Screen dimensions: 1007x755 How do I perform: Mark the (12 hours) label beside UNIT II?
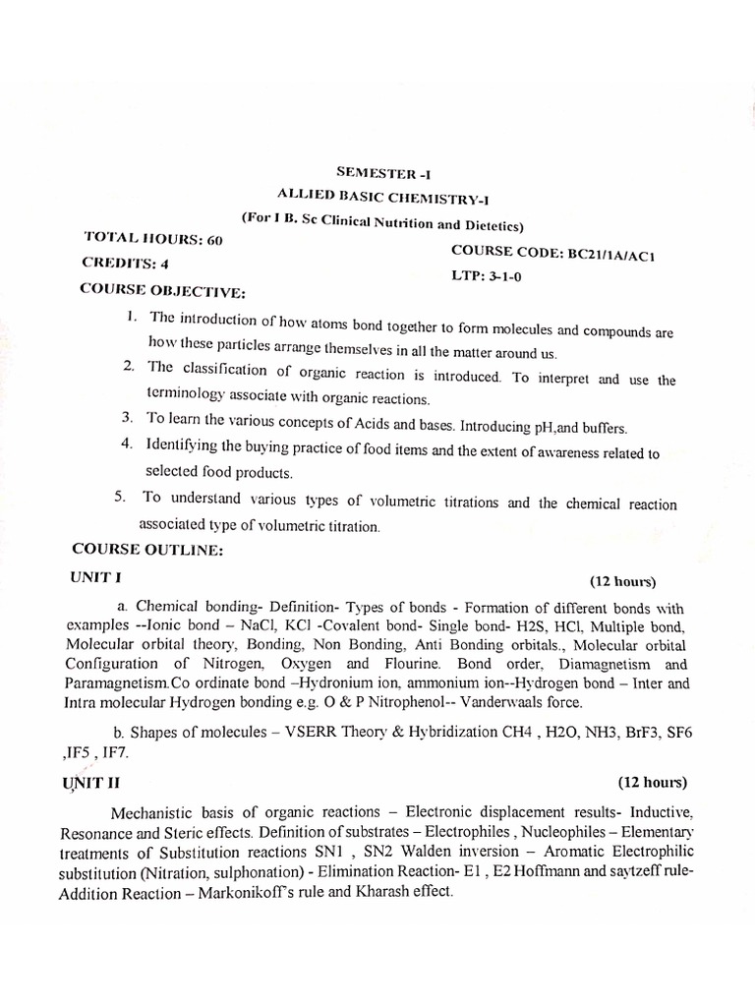point(652,783)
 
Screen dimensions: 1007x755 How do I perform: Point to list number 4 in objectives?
point(127,444)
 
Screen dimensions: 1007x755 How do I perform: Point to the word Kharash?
point(383,892)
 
